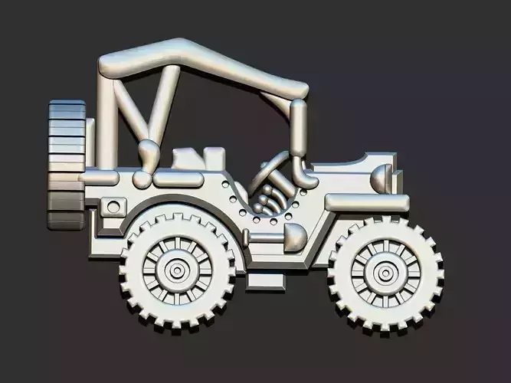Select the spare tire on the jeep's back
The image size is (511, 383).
pyautogui.click(x=66, y=165)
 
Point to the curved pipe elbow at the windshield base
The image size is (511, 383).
pyautogui.click(x=305, y=178)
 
